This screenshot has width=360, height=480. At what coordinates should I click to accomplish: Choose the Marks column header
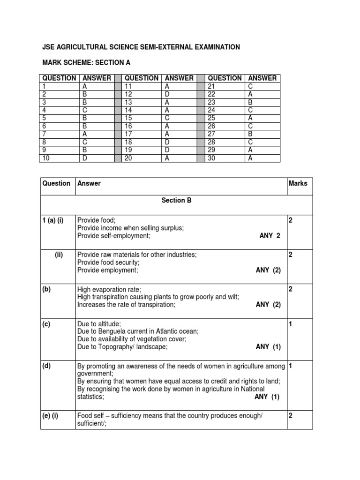pos(298,183)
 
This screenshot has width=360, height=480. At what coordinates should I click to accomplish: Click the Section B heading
pos(177,200)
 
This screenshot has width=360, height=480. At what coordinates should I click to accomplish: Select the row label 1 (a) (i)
pos(53,220)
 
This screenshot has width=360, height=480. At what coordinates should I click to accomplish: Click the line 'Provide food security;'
pos(108,262)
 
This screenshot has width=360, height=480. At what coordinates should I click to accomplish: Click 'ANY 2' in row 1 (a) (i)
pos(270,236)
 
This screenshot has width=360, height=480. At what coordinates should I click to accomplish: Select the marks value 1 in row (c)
pos(291,323)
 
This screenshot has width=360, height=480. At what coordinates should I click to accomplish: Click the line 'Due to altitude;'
pos(99,323)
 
